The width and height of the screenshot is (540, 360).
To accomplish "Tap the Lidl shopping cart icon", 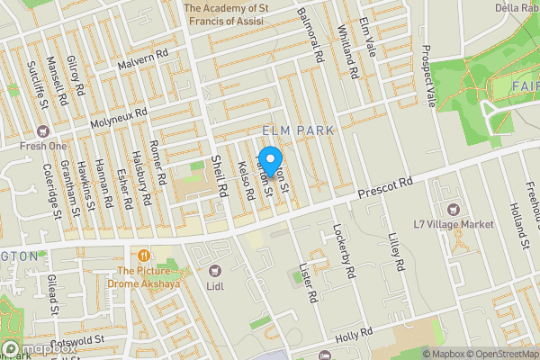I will [214, 270].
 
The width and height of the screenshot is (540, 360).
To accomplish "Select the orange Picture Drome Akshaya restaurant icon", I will [142, 255].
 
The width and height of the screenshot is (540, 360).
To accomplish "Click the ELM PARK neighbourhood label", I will [298, 131].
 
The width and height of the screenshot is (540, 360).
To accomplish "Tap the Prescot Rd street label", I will [384, 188].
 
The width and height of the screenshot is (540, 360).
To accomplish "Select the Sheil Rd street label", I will [218, 174].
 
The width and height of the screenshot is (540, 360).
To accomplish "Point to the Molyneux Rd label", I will [118, 118].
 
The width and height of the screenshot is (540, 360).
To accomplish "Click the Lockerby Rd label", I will [345, 250].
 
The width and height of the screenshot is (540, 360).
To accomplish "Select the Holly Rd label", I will [346, 336].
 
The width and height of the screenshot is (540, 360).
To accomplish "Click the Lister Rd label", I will [308, 283].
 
